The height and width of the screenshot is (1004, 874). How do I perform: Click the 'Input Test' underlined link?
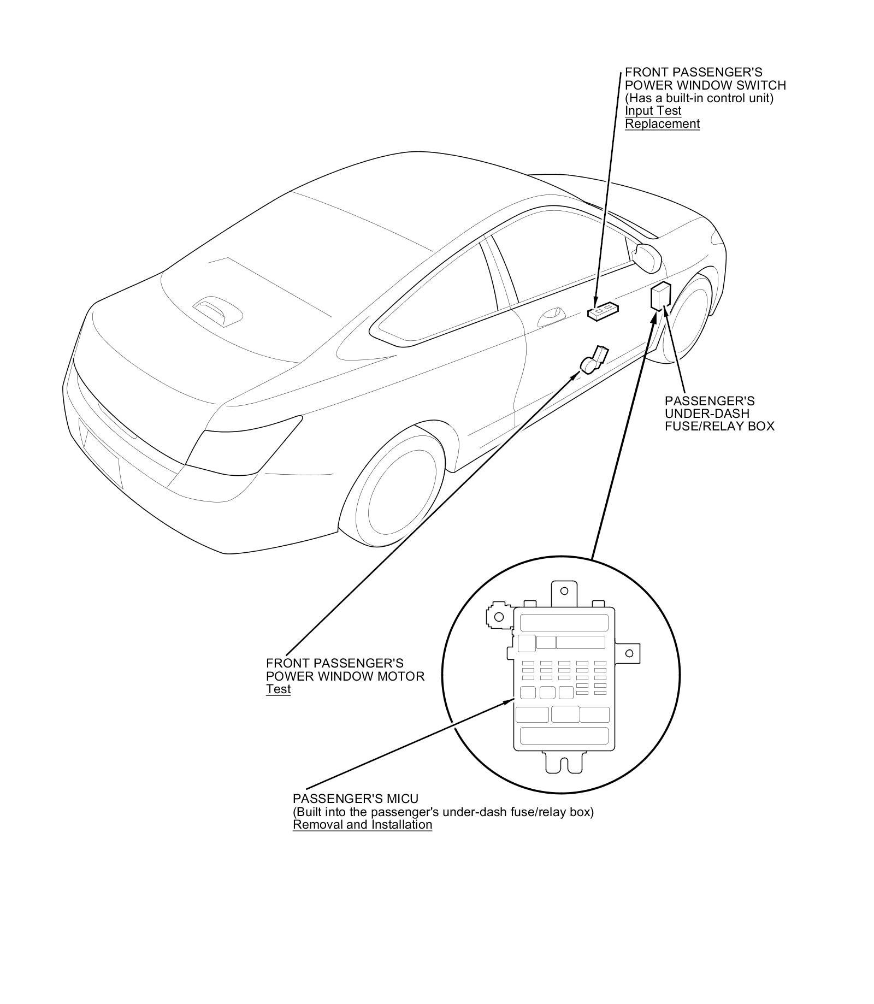pyautogui.click(x=653, y=111)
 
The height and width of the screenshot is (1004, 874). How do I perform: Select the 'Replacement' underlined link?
pyautogui.click(x=662, y=124)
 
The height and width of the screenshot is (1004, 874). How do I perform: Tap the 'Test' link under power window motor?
pyautogui.click(x=278, y=689)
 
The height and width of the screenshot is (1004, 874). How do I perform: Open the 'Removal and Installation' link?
pyautogui.click(x=362, y=825)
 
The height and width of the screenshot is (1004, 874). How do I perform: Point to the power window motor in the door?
pyautogui.click(x=593, y=361)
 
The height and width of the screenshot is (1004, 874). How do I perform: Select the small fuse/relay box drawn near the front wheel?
pyautogui.click(x=660, y=297)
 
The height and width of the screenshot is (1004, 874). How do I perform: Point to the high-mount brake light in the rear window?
pyautogui.click(x=218, y=312)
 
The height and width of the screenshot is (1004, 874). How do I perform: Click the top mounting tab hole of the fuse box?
pyautogui.click(x=565, y=591)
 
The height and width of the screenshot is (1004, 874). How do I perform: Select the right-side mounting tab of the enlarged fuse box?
pyautogui.click(x=629, y=653)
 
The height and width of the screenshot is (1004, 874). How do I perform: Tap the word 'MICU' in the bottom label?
pyautogui.click(x=401, y=799)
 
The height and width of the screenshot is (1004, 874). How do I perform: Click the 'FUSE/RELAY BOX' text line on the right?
pyautogui.click(x=719, y=426)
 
